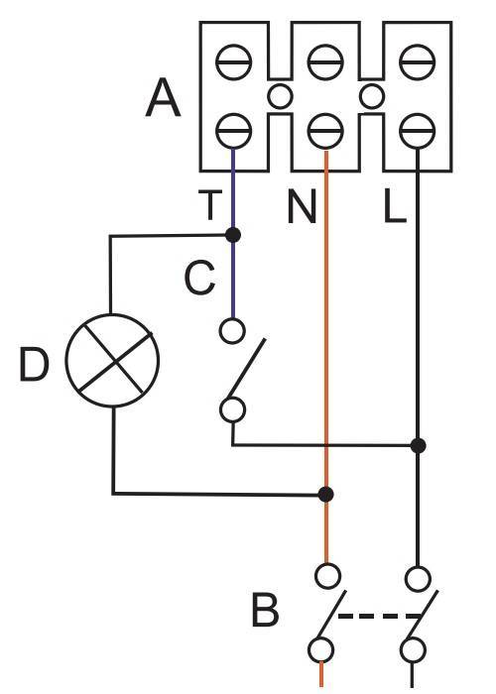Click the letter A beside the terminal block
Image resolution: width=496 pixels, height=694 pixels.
click(x=163, y=98)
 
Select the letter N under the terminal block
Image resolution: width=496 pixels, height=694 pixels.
click(x=302, y=206)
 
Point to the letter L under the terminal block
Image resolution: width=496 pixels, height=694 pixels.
click(x=394, y=206)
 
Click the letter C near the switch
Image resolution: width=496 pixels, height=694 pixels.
click(x=199, y=279)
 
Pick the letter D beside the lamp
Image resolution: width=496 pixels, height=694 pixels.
click(x=34, y=364)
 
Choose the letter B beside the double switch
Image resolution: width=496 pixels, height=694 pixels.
click(x=265, y=611)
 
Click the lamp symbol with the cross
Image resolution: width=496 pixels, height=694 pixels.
click(x=112, y=360)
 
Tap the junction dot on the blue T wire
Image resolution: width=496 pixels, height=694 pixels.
click(x=233, y=235)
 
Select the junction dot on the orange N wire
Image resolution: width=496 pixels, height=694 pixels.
click(x=326, y=494)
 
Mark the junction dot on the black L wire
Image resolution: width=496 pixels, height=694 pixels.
click(x=418, y=445)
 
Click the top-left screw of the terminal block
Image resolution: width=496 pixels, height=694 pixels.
click(x=234, y=61)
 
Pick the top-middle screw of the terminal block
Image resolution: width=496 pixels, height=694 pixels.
click(x=325, y=61)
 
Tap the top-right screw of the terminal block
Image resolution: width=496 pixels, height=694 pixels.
click(x=418, y=61)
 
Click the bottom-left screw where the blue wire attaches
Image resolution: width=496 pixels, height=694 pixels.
click(x=234, y=132)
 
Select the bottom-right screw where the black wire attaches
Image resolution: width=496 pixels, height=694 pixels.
click(x=418, y=132)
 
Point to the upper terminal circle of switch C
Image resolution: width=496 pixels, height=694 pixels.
click(x=232, y=330)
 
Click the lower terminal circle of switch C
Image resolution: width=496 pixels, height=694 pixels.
click(x=232, y=409)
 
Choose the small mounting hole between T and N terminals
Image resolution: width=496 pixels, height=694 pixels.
click(x=280, y=96)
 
